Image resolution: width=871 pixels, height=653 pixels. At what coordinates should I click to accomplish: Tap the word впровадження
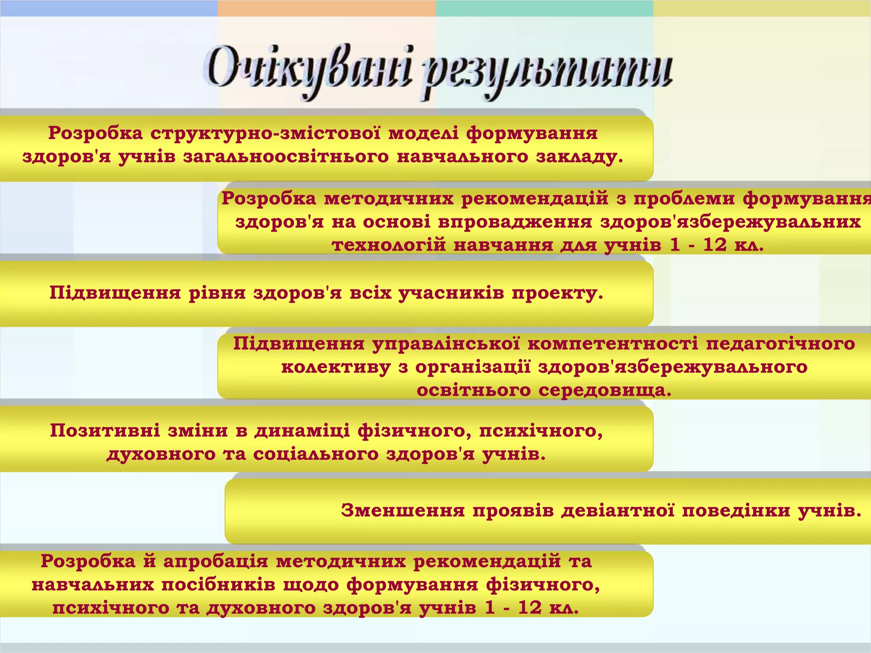pyautogui.click(x=515, y=222)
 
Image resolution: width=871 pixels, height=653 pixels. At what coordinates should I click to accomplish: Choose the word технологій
pyautogui.click(x=389, y=245)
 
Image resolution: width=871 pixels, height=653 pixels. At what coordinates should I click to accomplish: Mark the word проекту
pyautogui.click(x=558, y=293)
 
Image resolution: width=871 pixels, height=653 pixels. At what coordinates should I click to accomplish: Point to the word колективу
pyautogui.click(x=336, y=367)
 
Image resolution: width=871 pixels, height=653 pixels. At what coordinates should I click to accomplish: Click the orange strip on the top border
pyautogui.click(x=327, y=8)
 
